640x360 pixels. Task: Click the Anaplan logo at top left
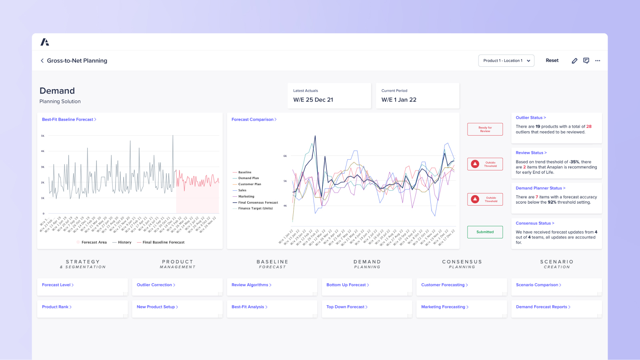coord(45,42)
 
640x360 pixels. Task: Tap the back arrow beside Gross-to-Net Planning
coord(42,61)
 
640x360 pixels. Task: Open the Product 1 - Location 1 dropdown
coord(506,61)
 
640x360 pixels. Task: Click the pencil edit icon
coord(574,61)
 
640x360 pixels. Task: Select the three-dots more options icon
coord(598,61)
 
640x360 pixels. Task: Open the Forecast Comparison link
coord(254,120)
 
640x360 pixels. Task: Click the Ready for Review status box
coord(485,129)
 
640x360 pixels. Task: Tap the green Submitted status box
coord(485,232)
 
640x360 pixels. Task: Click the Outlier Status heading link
coord(530,118)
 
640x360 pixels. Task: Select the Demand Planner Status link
coord(540,188)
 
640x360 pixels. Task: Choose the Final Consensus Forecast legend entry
coord(258,202)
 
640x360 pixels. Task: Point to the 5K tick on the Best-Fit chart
coord(43,136)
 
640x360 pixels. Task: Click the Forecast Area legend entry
coord(94,242)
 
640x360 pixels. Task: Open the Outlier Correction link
coord(156,285)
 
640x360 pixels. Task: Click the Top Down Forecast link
coord(346,307)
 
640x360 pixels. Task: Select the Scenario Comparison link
coord(538,285)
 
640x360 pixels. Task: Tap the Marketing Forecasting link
coord(444,307)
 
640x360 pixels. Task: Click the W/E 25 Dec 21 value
coord(313,100)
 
